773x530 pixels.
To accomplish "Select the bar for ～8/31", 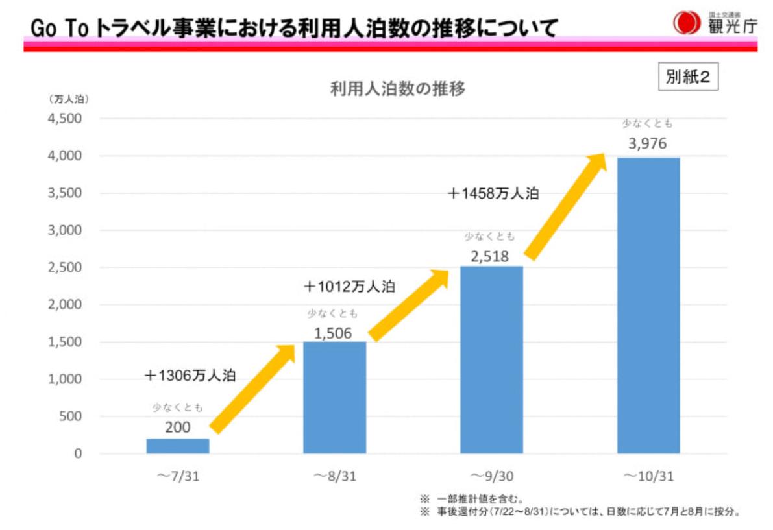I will click(x=334, y=397).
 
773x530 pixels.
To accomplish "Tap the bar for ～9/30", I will click(x=491, y=359).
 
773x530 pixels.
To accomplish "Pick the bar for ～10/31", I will click(x=648, y=305).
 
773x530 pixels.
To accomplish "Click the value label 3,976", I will click(x=647, y=144).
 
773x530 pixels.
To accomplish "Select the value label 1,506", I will click(x=333, y=333).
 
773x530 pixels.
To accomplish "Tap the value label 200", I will click(x=177, y=427).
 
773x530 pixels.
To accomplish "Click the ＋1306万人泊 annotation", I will click(x=190, y=375).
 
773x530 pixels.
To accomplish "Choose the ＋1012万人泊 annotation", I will click(x=349, y=286).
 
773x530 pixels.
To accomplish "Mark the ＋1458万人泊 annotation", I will click(x=493, y=193).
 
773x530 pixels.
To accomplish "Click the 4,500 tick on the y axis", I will click(x=65, y=119).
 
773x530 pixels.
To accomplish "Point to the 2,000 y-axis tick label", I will click(x=65, y=305).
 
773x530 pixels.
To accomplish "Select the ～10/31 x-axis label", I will click(x=648, y=476).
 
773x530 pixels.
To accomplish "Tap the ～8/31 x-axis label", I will click(x=334, y=476).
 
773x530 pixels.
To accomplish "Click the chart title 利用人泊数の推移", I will click(x=397, y=90).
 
